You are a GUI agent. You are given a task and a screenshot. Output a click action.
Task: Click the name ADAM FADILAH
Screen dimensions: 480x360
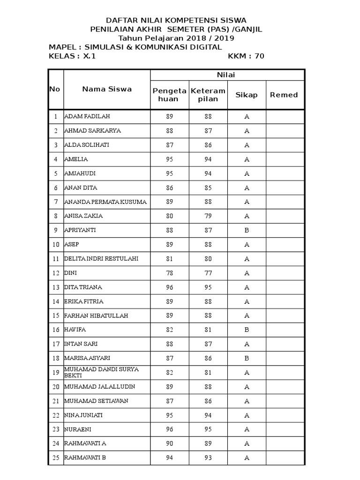(87, 116)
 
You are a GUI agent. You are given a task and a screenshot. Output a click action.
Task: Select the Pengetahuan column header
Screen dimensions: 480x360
(169, 95)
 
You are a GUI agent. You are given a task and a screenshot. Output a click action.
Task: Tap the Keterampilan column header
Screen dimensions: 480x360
(208, 95)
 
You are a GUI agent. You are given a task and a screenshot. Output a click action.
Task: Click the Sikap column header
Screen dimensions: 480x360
(247, 95)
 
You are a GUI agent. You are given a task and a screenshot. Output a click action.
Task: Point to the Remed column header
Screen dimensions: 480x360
(284, 95)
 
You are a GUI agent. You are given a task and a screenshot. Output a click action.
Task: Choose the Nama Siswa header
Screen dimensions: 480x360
(107, 89)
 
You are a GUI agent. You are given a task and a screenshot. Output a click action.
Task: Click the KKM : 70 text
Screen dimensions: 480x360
(246, 56)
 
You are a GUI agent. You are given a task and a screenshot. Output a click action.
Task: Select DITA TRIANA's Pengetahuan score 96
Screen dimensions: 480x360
(169, 287)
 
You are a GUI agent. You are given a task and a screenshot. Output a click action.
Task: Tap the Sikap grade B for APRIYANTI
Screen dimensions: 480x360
(247, 231)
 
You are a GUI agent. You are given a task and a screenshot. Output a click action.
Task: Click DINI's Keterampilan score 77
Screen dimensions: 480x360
(208, 273)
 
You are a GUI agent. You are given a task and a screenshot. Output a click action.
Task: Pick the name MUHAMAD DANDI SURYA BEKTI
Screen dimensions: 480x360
(101, 373)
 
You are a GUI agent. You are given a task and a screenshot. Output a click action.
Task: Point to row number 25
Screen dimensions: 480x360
(56, 458)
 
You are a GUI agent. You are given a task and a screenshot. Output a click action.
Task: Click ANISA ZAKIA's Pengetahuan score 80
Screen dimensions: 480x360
(169, 216)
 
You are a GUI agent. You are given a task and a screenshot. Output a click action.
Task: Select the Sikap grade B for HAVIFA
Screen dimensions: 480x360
(247, 330)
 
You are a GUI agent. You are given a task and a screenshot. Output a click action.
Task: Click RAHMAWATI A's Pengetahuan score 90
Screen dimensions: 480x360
(169, 443)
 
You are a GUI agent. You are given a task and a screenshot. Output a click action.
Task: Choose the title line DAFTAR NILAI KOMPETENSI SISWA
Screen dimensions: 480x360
(176, 20)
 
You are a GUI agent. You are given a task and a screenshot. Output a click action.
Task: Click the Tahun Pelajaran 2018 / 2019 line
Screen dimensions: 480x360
(176, 38)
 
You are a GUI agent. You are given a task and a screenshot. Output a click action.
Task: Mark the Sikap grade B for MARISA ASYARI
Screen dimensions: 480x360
(247, 359)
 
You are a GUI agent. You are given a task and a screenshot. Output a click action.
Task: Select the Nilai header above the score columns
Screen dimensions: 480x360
(227, 75)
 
